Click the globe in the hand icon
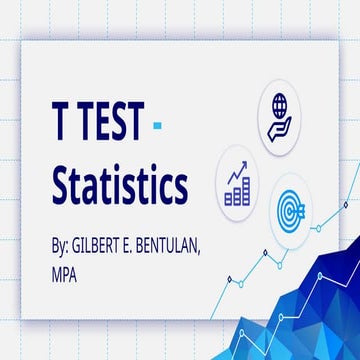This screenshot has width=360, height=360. click(282, 102)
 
